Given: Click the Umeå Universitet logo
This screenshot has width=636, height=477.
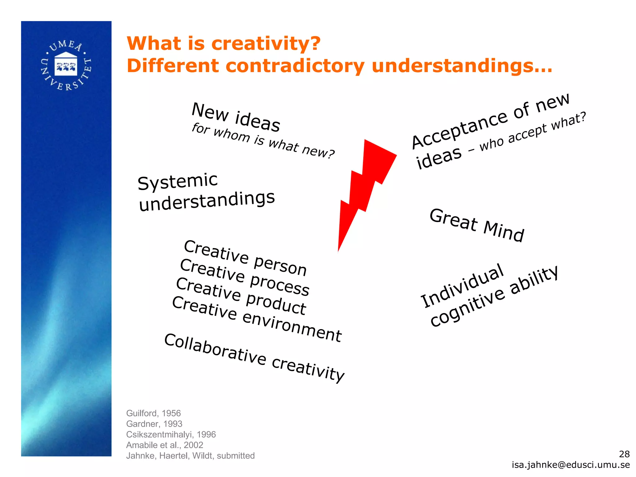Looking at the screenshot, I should pos(66,66).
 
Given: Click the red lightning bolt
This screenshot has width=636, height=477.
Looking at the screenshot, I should pos(366,186).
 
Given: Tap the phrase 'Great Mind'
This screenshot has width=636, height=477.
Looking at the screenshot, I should pos(477,225).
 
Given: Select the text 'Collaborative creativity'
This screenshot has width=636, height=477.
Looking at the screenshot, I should pos(254,358).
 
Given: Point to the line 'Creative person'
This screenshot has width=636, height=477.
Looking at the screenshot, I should pos(245,258).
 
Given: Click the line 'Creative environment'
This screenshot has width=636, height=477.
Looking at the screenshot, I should pos(257,319).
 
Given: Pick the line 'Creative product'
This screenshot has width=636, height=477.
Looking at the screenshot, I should pos(241,296).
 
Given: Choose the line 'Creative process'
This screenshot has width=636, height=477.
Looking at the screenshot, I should pos(245,277).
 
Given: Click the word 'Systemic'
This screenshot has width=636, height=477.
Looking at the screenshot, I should pos(178,182).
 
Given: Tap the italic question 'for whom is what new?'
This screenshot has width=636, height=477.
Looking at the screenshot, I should pos(263,141).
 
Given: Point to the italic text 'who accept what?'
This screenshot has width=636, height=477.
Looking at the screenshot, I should pos(533,132).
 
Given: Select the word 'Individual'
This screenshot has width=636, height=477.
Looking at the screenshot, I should pos(462,286).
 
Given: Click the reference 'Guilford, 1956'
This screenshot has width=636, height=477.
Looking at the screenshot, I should pos(153,413).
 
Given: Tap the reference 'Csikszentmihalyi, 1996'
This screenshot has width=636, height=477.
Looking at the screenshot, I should pos(171,434).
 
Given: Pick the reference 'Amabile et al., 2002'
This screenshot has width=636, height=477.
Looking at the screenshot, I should pos(165,445).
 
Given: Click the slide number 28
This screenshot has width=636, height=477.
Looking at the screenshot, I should pos(624,454).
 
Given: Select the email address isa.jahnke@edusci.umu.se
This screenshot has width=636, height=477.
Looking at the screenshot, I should pos(571,465).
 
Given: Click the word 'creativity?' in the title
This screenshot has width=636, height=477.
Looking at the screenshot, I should pos(266,43).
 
